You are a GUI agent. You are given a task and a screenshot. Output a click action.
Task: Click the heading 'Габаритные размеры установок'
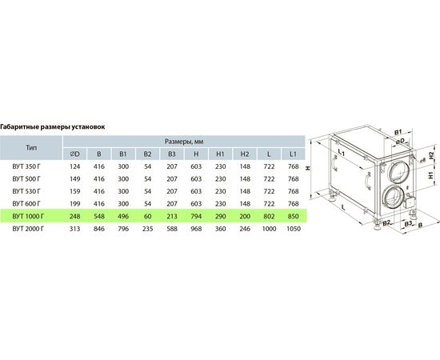53,126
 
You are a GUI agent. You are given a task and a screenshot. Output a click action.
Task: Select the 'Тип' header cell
31,147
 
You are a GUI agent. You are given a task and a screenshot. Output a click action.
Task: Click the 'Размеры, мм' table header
184,142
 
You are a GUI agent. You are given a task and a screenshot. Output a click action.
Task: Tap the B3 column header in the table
172,154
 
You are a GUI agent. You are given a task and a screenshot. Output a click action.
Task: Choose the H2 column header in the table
245,154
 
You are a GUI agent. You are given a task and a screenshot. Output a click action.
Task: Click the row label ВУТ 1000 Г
28,216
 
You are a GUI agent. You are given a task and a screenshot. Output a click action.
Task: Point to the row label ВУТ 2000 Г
28,229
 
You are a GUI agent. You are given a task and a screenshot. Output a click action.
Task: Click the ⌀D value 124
75,166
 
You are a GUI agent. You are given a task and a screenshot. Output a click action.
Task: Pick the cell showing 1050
294,229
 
